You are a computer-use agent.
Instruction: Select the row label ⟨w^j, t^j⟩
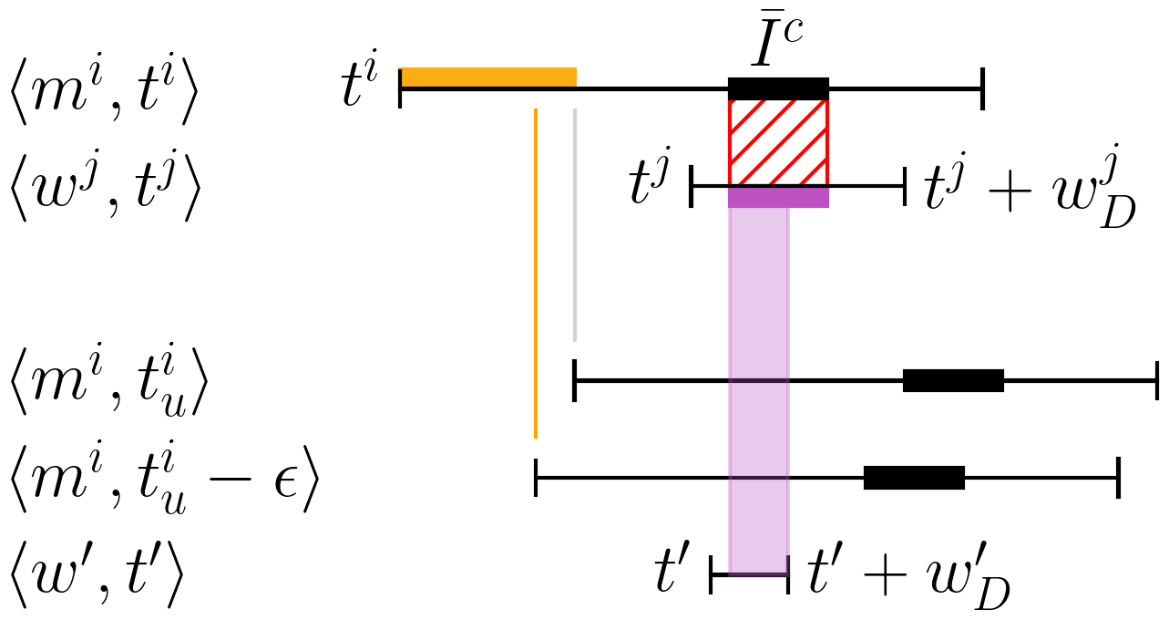pos(102,186)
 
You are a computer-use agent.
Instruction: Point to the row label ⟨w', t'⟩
pos(97,575)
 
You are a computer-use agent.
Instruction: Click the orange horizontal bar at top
pos(488,77)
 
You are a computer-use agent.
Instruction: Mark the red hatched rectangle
pos(778,142)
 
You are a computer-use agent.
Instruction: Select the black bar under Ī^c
pos(778,88)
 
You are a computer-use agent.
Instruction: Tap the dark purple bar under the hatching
pos(778,198)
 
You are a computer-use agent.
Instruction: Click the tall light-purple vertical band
pos(758,383)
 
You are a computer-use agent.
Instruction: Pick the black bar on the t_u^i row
pos(953,381)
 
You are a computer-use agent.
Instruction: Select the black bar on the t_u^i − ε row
pos(914,478)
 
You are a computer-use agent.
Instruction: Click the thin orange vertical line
pos(536,274)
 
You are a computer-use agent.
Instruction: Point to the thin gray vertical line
pos(575,224)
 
